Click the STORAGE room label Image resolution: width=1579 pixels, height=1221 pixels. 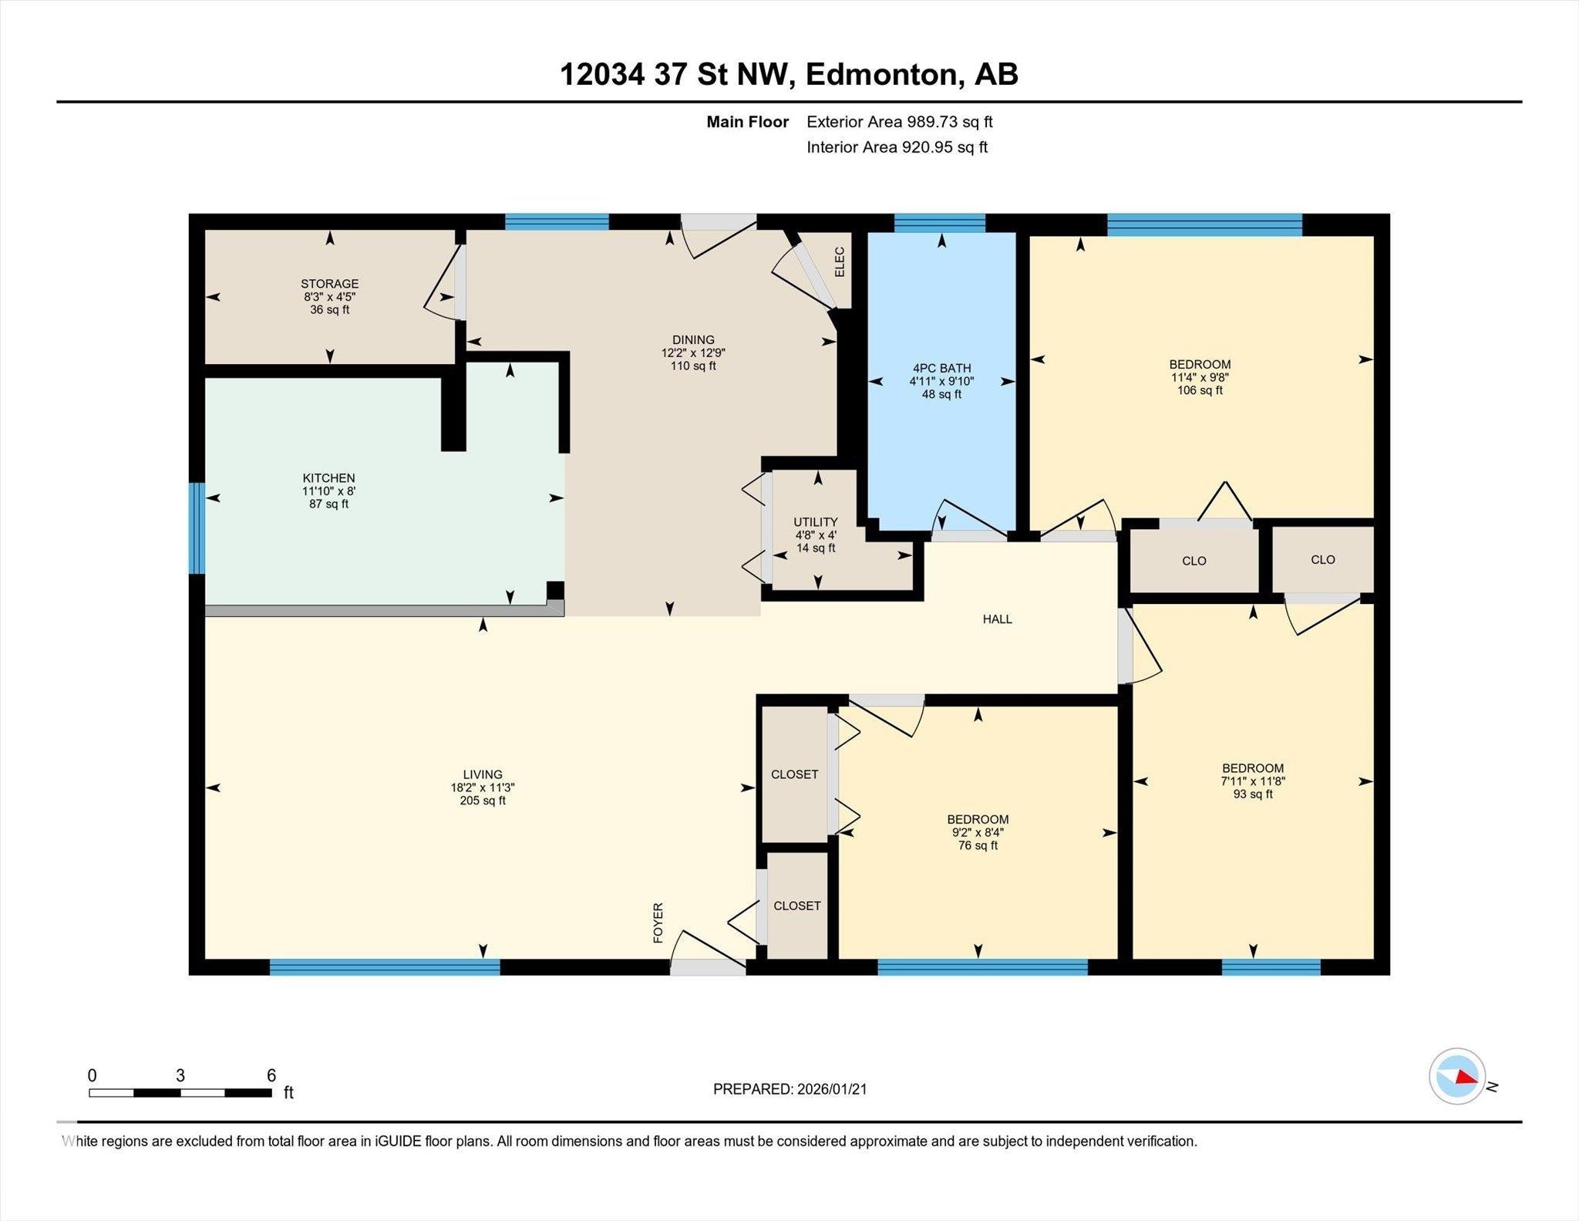click(x=329, y=284)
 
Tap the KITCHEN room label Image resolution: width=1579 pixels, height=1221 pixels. click(x=328, y=478)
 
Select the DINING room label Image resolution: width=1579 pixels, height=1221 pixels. click(x=692, y=340)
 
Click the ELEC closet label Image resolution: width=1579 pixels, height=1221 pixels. click(x=840, y=262)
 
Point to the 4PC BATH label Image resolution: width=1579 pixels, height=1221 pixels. click(x=941, y=369)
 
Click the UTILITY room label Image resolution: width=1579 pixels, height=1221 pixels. click(x=815, y=522)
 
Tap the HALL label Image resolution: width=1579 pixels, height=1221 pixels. click(x=997, y=619)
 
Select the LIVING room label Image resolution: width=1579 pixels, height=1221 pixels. click(x=483, y=774)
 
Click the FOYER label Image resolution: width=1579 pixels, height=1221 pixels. click(x=658, y=922)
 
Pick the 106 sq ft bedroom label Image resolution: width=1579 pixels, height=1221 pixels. click(x=1200, y=365)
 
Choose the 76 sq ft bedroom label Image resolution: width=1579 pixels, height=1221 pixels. click(x=978, y=819)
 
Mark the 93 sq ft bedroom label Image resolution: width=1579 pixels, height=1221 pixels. click(x=1252, y=768)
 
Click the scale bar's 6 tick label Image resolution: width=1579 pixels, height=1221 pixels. click(x=271, y=1075)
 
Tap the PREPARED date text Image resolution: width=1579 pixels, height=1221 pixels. click(x=789, y=1089)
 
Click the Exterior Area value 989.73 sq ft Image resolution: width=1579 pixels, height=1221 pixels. click(x=938, y=122)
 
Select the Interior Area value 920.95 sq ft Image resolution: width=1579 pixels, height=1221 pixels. click(x=944, y=147)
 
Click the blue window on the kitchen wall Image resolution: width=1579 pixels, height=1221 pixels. click(x=197, y=528)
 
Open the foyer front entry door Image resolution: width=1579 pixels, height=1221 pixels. click(x=707, y=966)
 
